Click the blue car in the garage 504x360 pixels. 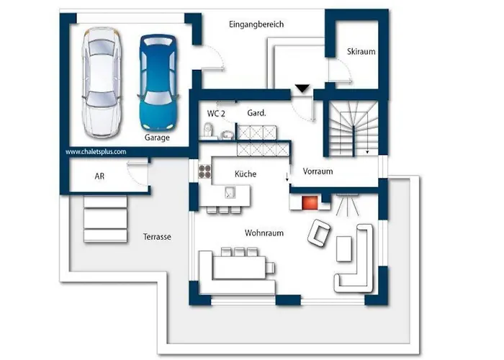point(158,82)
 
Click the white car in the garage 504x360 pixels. point(102,82)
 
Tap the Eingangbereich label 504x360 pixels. point(256,24)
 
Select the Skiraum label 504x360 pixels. point(361,51)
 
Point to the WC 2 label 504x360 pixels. point(216,114)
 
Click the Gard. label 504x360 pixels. point(256,113)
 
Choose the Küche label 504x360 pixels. point(246,174)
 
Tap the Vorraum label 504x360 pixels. point(318,171)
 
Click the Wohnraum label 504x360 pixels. point(264,233)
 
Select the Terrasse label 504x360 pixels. point(157,237)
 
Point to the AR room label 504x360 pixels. point(99,176)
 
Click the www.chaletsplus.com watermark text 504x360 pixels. point(96,152)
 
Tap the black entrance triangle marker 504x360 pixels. point(302,89)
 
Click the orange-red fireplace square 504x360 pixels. point(310,203)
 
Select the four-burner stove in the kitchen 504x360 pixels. point(204,171)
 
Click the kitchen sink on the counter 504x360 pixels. point(230,192)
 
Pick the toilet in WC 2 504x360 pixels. point(208,130)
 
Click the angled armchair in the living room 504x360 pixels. point(319,233)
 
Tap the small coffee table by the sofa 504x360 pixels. point(343,249)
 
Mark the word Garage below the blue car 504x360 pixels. point(157,138)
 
